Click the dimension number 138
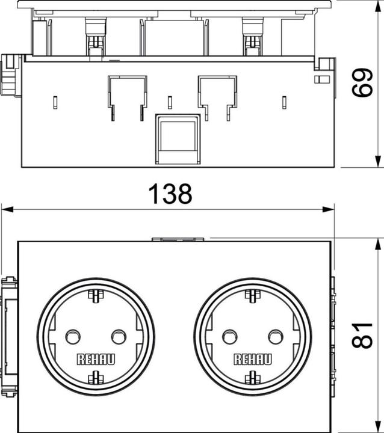[170, 194]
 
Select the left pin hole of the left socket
[72, 336]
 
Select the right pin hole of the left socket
[117, 336]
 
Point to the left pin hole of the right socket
[230, 336]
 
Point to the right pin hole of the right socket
[276, 336]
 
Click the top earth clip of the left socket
[94, 295]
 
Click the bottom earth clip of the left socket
[94, 378]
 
